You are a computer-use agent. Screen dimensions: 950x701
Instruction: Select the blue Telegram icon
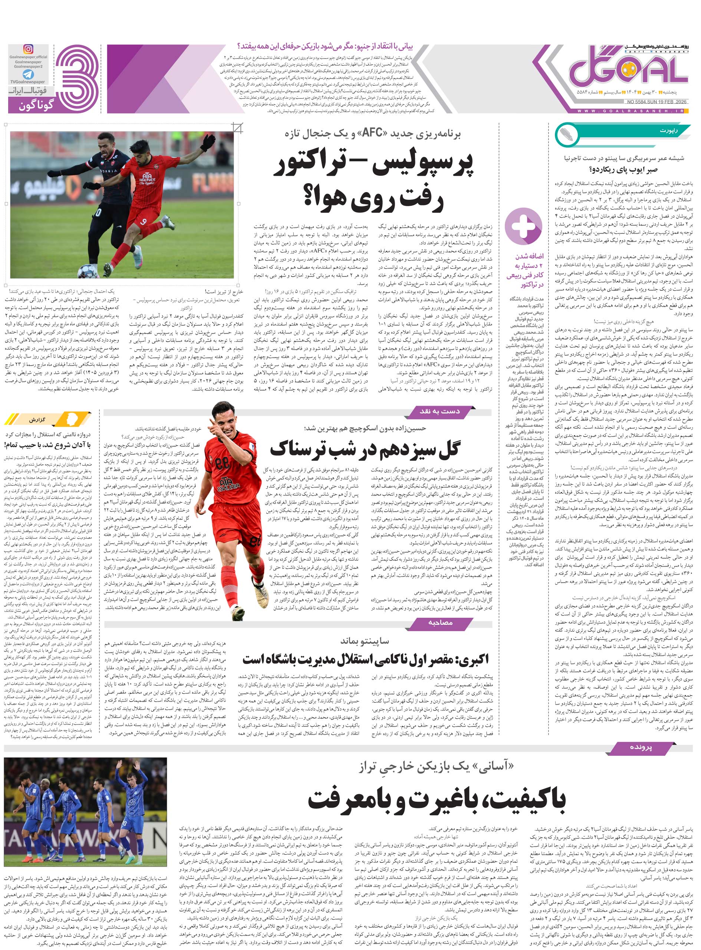click(x=29, y=75)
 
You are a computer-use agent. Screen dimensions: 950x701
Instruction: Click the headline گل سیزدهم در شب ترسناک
click(x=365, y=449)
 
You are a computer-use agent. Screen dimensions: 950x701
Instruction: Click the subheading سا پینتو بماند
click(x=365, y=641)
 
